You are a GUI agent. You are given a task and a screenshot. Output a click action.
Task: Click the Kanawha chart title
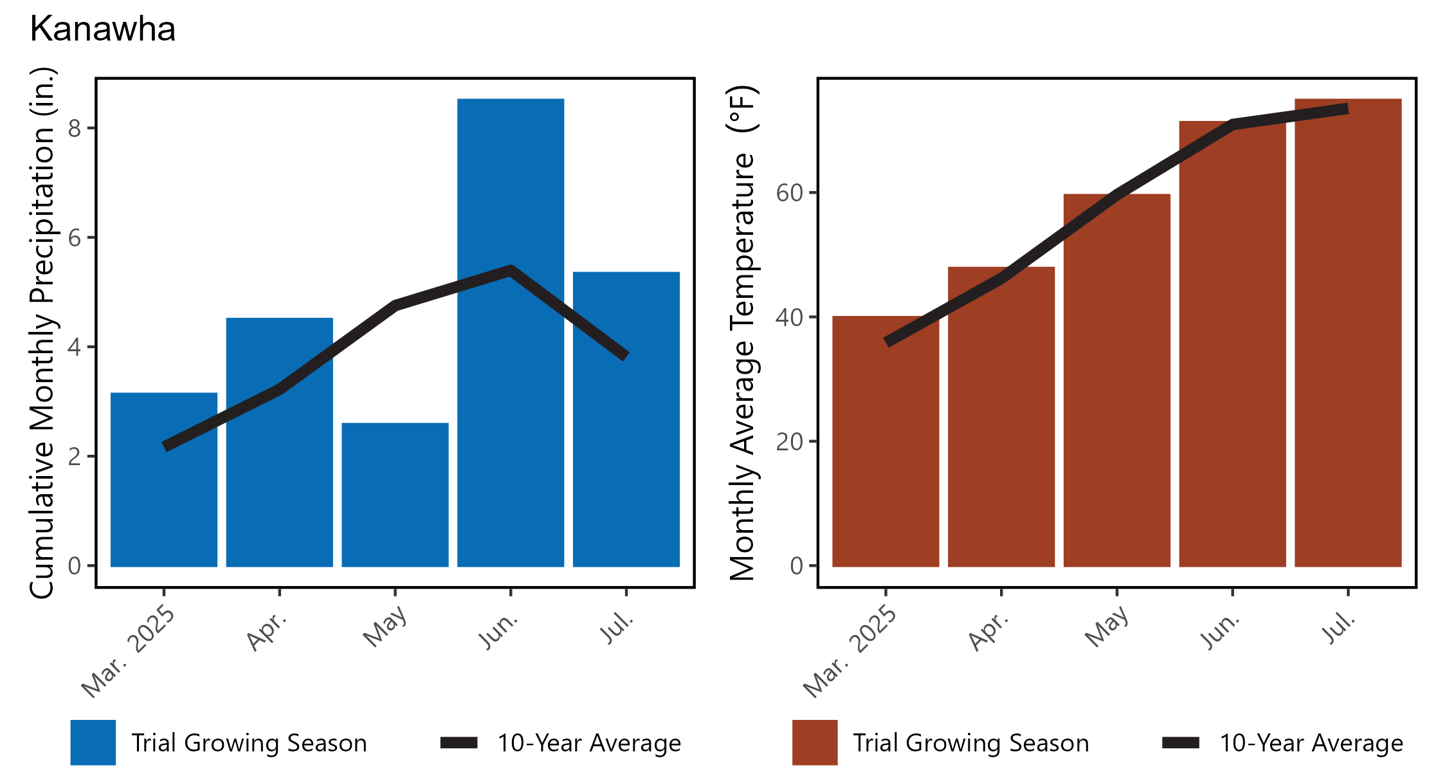click(x=103, y=30)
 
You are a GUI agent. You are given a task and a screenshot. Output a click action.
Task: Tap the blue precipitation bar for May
click(x=395, y=495)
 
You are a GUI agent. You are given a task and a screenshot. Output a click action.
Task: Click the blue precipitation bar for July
click(x=626, y=450)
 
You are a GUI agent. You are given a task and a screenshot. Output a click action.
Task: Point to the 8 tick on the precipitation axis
click(x=75, y=128)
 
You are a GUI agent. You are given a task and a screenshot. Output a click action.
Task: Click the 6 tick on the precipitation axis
click(x=75, y=238)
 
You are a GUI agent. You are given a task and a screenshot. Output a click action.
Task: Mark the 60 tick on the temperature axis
click(x=790, y=192)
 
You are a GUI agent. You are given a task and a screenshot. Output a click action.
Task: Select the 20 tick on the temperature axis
click(x=790, y=441)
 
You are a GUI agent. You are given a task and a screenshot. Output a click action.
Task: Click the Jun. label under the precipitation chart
click(x=498, y=632)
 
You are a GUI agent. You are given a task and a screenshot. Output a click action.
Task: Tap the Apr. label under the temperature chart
click(x=988, y=632)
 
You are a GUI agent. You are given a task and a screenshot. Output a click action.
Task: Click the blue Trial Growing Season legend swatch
click(x=93, y=742)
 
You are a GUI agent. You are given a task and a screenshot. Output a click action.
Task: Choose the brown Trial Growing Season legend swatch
click(x=815, y=742)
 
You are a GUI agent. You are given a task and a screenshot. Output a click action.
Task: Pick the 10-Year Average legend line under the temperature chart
click(x=1181, y=743)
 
